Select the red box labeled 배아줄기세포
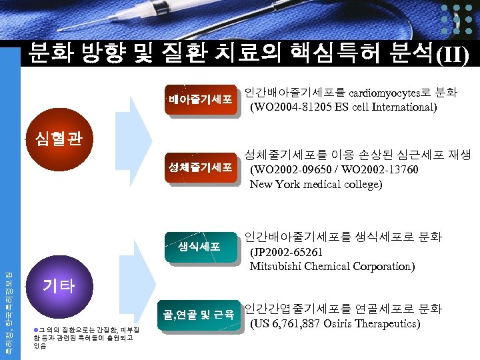point(200,100)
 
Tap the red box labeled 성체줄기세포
point(200,167)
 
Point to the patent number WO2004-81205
point(294,106)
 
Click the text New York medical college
point(316,185)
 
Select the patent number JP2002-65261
point(287,253)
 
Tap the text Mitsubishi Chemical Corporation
point(332,267)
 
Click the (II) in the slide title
point(451,54)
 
